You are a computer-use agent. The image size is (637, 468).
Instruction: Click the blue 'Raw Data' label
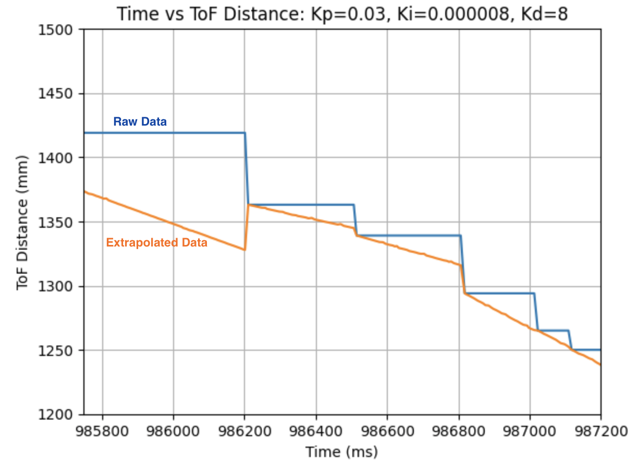coord(140,122)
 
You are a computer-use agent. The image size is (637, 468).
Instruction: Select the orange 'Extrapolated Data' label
coord(156,242)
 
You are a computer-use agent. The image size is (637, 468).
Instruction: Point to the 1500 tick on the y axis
coord(58,30)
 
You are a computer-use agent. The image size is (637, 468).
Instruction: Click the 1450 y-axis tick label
coord(58,94)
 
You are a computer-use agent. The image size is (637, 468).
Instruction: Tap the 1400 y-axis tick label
coord(58,158)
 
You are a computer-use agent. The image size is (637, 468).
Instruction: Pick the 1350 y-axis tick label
coord(58,222)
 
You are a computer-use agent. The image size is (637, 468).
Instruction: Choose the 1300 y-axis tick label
coord(58,286)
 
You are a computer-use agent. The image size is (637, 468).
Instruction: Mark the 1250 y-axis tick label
coord(58,350)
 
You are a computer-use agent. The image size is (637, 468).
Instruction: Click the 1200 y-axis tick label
coord(58,414)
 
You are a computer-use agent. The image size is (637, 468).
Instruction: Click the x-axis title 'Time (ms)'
coord(341,451)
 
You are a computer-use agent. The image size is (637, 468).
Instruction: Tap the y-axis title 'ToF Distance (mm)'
coord(22,222)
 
